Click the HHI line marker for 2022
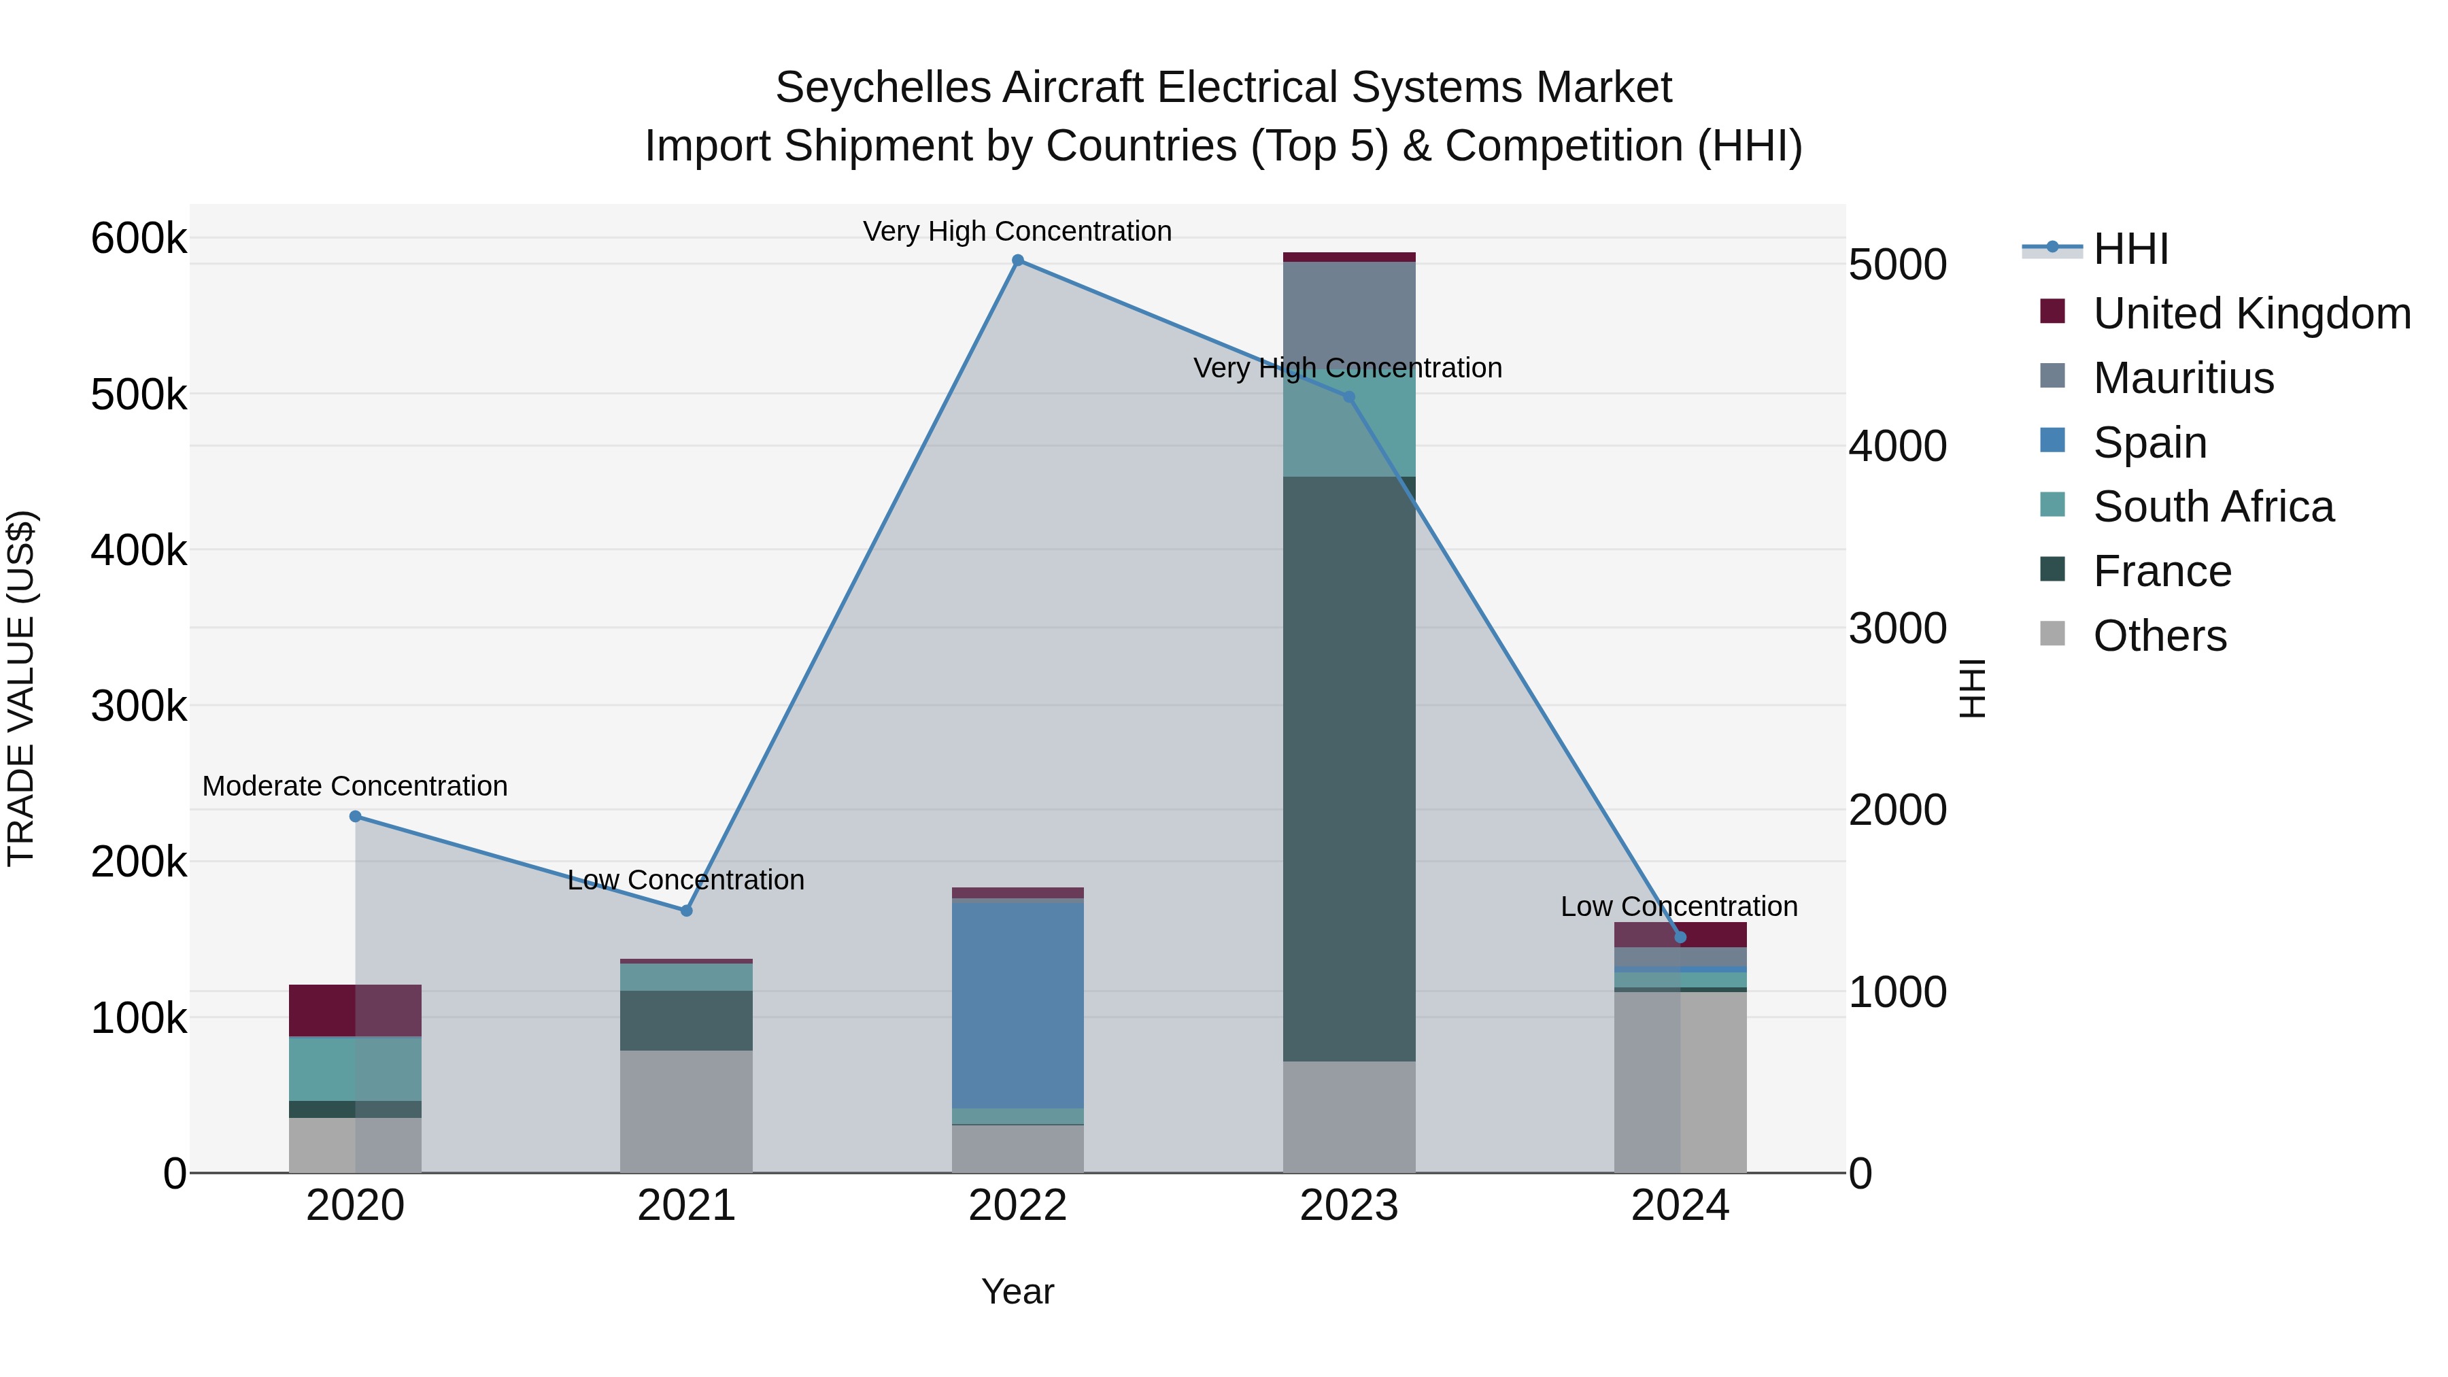[1018, 260]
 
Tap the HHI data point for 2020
[356, 816]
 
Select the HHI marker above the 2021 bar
[686, 911]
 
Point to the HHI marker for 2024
[1680, 937]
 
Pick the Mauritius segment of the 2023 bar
[1348, 313]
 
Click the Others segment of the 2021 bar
[686, 1111]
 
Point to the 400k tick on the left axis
[139, 550]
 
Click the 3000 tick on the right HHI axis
[1897, 628]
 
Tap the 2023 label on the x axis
[1348, 1206]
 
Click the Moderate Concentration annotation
[356, 786]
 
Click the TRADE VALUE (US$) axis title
[21, 688]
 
